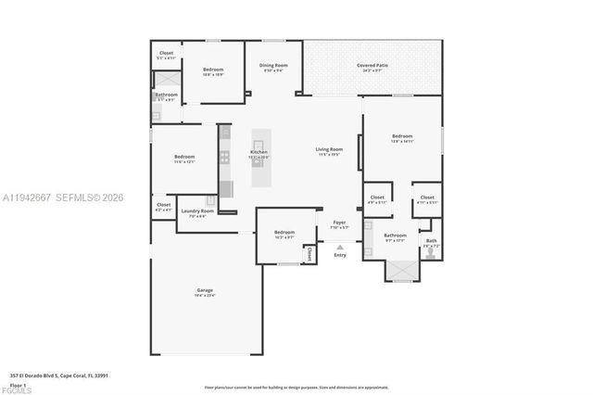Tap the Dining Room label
(x=273, y=65)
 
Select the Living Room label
(x=329, y=149)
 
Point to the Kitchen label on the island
(x=259, y=152)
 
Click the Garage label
(x=205, y=290)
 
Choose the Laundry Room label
(x=196, y=210)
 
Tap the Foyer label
(x=339, y=223)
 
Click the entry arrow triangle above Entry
(x=340, y=247)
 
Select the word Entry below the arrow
(x=340, y=255)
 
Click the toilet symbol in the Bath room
(x=430, y=252)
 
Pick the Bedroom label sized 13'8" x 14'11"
(x=401, y=136)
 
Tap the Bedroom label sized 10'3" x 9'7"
(x=284, y=232)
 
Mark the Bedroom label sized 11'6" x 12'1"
(x=184, y=157)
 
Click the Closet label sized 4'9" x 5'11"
(x=377, y=197)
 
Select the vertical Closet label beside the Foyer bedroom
(x=309, y=251)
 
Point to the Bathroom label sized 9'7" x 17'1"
(x=395, y=236)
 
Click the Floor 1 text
(x=18, y=384)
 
